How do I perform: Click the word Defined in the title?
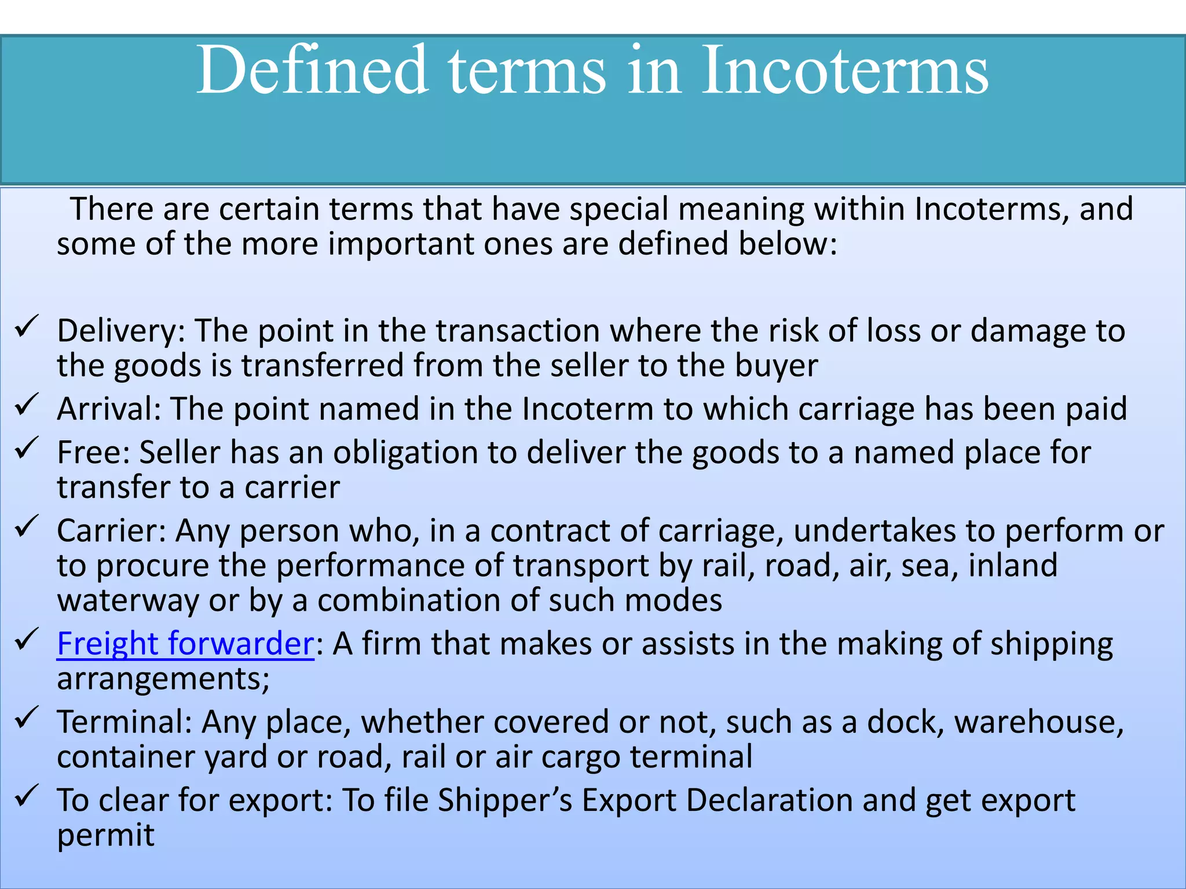313,71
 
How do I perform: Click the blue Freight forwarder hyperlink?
185,644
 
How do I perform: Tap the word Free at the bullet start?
93,453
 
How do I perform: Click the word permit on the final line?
105,836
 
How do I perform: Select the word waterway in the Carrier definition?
128,601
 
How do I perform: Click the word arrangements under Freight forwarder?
163,679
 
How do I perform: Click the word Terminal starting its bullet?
124,722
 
